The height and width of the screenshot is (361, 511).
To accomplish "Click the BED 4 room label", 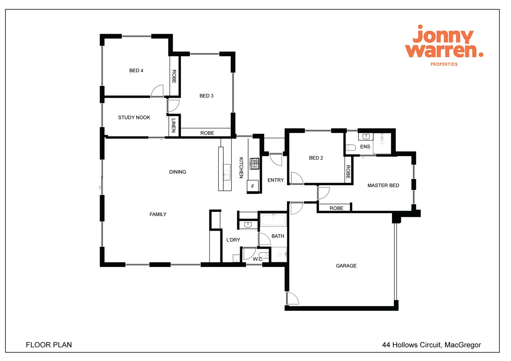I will pos(136,71).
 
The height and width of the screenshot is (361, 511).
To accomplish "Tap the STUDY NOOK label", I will pos(134,117).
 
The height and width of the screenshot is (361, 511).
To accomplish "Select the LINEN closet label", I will pos(174,125).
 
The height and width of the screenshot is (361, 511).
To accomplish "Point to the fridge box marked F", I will pos(253,186).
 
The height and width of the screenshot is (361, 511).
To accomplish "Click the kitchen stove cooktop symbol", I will pos(254,164).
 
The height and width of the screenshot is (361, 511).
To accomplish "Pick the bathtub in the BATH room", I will pos(273,220).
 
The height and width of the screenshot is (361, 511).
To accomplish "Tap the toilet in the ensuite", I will pos(351,147).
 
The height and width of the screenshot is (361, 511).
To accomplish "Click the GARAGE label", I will pos(346,266).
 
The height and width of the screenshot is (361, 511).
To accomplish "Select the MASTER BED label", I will pos(383,186).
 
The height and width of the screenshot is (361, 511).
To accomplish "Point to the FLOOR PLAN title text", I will pos(49,345).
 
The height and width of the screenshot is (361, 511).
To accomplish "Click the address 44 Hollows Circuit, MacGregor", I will pos(431,345).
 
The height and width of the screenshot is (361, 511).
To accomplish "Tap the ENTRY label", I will pos(276,180).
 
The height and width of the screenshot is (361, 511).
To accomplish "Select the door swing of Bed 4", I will pos(157,91).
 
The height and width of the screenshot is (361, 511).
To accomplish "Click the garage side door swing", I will pos(293,298).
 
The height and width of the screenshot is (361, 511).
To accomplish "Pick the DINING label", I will pos(178,172).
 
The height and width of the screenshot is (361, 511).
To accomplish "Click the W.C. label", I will pos(258,259).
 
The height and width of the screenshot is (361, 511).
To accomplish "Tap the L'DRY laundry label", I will pos(233,240).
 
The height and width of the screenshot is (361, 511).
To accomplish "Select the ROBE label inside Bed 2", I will pos(348,171).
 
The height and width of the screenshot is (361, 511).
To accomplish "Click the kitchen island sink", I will pos(227,172).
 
